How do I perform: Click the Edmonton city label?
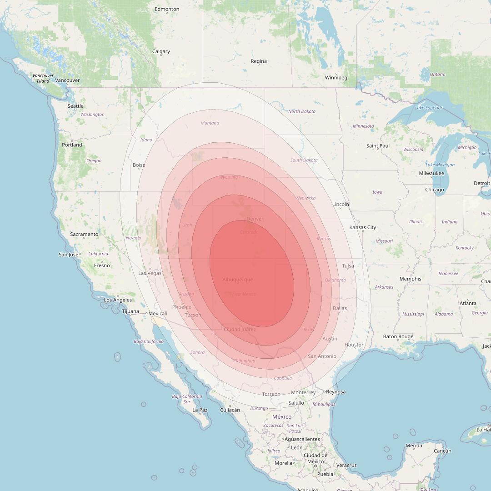(167, 9)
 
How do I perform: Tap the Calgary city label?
(161, 52)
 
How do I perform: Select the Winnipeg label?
(336, 78)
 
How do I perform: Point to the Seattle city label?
(75, 106)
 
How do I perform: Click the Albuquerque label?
(238, 280)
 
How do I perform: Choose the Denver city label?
(255, 219)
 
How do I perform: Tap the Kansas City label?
(363, 227)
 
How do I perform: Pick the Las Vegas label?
(150, 273)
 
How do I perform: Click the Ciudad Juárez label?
(240, 330)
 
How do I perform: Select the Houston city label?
(355, 345)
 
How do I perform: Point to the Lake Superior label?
(429, 108)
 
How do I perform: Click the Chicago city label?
(435, 190)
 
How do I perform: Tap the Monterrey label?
(303, 393)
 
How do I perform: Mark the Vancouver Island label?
(43, 78)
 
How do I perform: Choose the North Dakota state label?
(302, 111)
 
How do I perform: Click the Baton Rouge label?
(398, 337)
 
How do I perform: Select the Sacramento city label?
(84, 235)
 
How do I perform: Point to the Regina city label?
(259, 61)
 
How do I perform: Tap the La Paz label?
(200, 410)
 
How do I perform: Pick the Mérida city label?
(414, 446)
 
